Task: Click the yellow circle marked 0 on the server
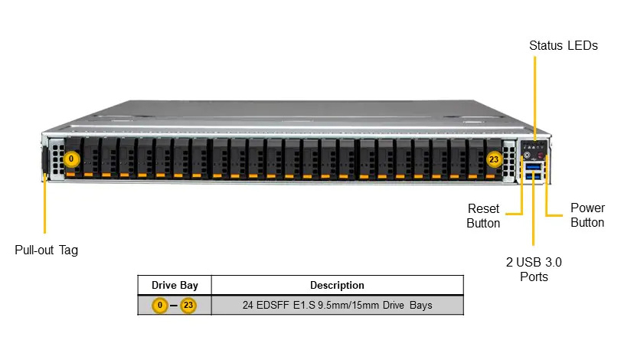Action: tap(71, 159)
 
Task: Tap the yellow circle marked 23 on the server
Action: tap(494, 159)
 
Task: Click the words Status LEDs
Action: tap(564, 45)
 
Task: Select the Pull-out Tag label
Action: tap(46, 250)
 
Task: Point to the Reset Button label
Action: tap(483, 215)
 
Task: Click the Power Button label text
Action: tap(587, 214)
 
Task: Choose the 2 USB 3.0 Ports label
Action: tap(534, 269)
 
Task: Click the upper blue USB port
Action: tap(534, 166)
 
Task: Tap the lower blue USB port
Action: tap(534, 175)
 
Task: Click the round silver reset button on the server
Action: tap(527, 155)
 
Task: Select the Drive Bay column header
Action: tap(175, 285)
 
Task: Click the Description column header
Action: tap(337, 285)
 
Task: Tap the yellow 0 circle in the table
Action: tap(160, 305)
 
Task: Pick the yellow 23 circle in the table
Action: tap(188, 305)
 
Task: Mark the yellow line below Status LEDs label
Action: tap(534, 98)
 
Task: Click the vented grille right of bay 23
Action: tap(508, 161)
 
